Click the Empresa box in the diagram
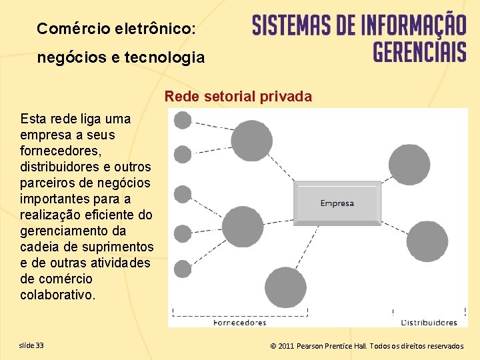[337, 203]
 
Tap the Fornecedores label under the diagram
[239, 323]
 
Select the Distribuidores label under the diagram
[429, 323]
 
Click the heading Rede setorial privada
[238, 97]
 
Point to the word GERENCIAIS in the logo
[419, 51]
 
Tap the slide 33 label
[32, 345]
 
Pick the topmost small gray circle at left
[182, 120]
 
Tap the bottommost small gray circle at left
[182, 269]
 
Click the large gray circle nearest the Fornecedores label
[285, 287]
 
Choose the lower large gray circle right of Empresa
[427, 241]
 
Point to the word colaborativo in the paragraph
[57, 295]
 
